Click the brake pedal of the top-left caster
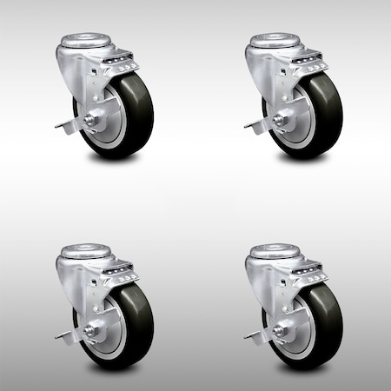click(x=63, y=125)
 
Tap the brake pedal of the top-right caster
click(x=252, y=125)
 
